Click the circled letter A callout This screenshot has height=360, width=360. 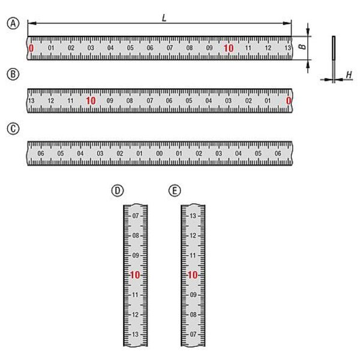[13, 23]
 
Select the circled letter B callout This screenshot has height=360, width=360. [13, 74]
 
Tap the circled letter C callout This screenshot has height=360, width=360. [13, 128]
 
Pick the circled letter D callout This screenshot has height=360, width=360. [118, 191]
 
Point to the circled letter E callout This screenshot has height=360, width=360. [175, 191]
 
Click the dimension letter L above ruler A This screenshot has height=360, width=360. [164, 18]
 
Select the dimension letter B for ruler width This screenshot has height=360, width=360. [303, 46]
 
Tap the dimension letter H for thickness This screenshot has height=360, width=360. [349, 75]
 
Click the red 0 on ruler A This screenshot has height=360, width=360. [31, 48]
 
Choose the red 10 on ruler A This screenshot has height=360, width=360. [229, 48]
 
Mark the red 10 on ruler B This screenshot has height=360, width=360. [91, 101]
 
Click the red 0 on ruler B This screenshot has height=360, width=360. [289, 101]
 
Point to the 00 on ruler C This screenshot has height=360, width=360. [160, 153]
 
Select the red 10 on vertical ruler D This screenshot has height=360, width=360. [135, 275]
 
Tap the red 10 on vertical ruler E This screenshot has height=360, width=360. [193, 275]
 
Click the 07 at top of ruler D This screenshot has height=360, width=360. [136, 215]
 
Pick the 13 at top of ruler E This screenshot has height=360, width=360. [193, 215]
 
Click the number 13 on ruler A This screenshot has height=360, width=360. [288, 48]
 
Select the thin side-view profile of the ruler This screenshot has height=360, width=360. [334, 59]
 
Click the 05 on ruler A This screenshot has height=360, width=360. [130, 48]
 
